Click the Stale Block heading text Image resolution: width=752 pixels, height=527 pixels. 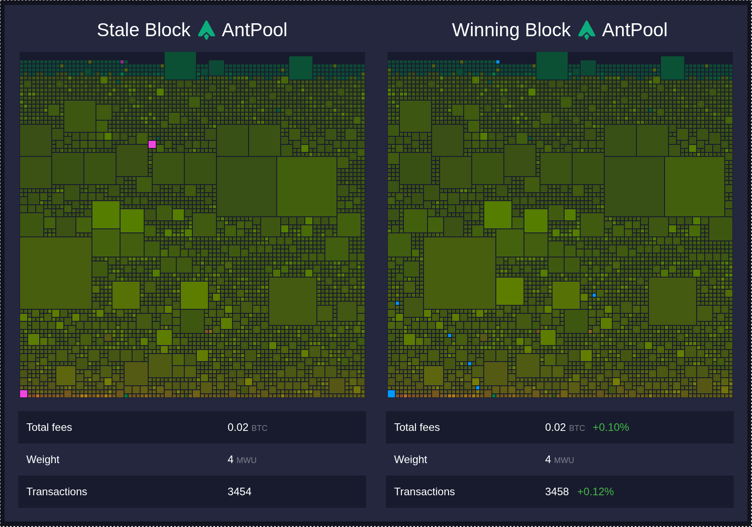(143, 30)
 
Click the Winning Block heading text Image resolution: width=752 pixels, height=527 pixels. (511, 30)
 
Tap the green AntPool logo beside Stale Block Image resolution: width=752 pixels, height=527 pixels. (206, 30)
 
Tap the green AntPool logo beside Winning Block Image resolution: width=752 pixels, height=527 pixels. (586, 30)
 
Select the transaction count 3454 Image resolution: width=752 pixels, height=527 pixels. (239, 492)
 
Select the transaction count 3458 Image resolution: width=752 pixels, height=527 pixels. (557, 492)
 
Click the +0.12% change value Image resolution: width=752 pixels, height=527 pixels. (595, 492)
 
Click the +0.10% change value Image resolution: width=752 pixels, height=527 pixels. (611, 427)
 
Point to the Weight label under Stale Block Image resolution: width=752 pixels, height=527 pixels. (43, 460)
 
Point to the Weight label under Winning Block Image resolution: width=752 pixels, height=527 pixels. (411, 460)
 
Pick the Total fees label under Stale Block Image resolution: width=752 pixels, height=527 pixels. (49, 427)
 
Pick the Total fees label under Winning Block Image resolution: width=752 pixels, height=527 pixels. (417, 427)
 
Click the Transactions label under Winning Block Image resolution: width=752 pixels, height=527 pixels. (424, 492)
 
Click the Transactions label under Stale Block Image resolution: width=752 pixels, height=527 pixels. (57, 492)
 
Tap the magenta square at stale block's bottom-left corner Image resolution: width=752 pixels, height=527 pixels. (24, 394)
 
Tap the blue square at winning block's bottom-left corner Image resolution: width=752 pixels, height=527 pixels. (391, 394)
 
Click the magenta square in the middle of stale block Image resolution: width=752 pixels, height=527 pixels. (152, 144)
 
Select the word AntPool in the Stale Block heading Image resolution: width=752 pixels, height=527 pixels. (254, 30)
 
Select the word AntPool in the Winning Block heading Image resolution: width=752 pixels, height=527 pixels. (635, 30)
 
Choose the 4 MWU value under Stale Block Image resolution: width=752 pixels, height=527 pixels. (241, 460)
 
